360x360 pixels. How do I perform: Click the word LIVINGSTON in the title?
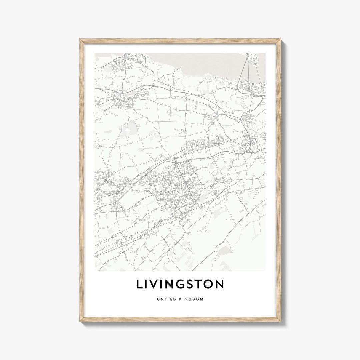pos(180,284)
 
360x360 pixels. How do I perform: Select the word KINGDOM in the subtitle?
pos(191,299)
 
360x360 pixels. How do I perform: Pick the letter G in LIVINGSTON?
pos(180,284)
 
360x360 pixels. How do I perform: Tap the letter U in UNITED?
pos(158,299)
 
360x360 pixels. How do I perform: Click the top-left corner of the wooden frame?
pos(80,40)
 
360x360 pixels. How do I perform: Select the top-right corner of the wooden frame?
pos(280,40)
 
